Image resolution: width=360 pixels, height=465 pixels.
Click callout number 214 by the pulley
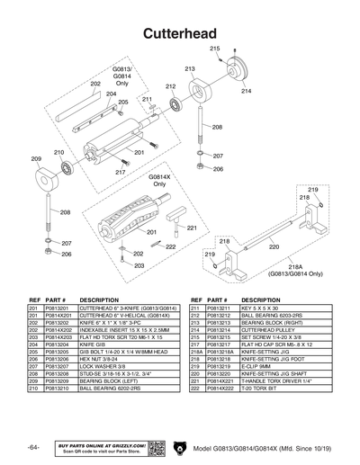246,91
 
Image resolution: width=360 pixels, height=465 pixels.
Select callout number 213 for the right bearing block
191,68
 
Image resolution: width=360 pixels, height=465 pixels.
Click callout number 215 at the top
215,47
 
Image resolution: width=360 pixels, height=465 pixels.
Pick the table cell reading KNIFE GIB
94,344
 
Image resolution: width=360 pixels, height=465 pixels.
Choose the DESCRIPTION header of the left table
100,300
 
